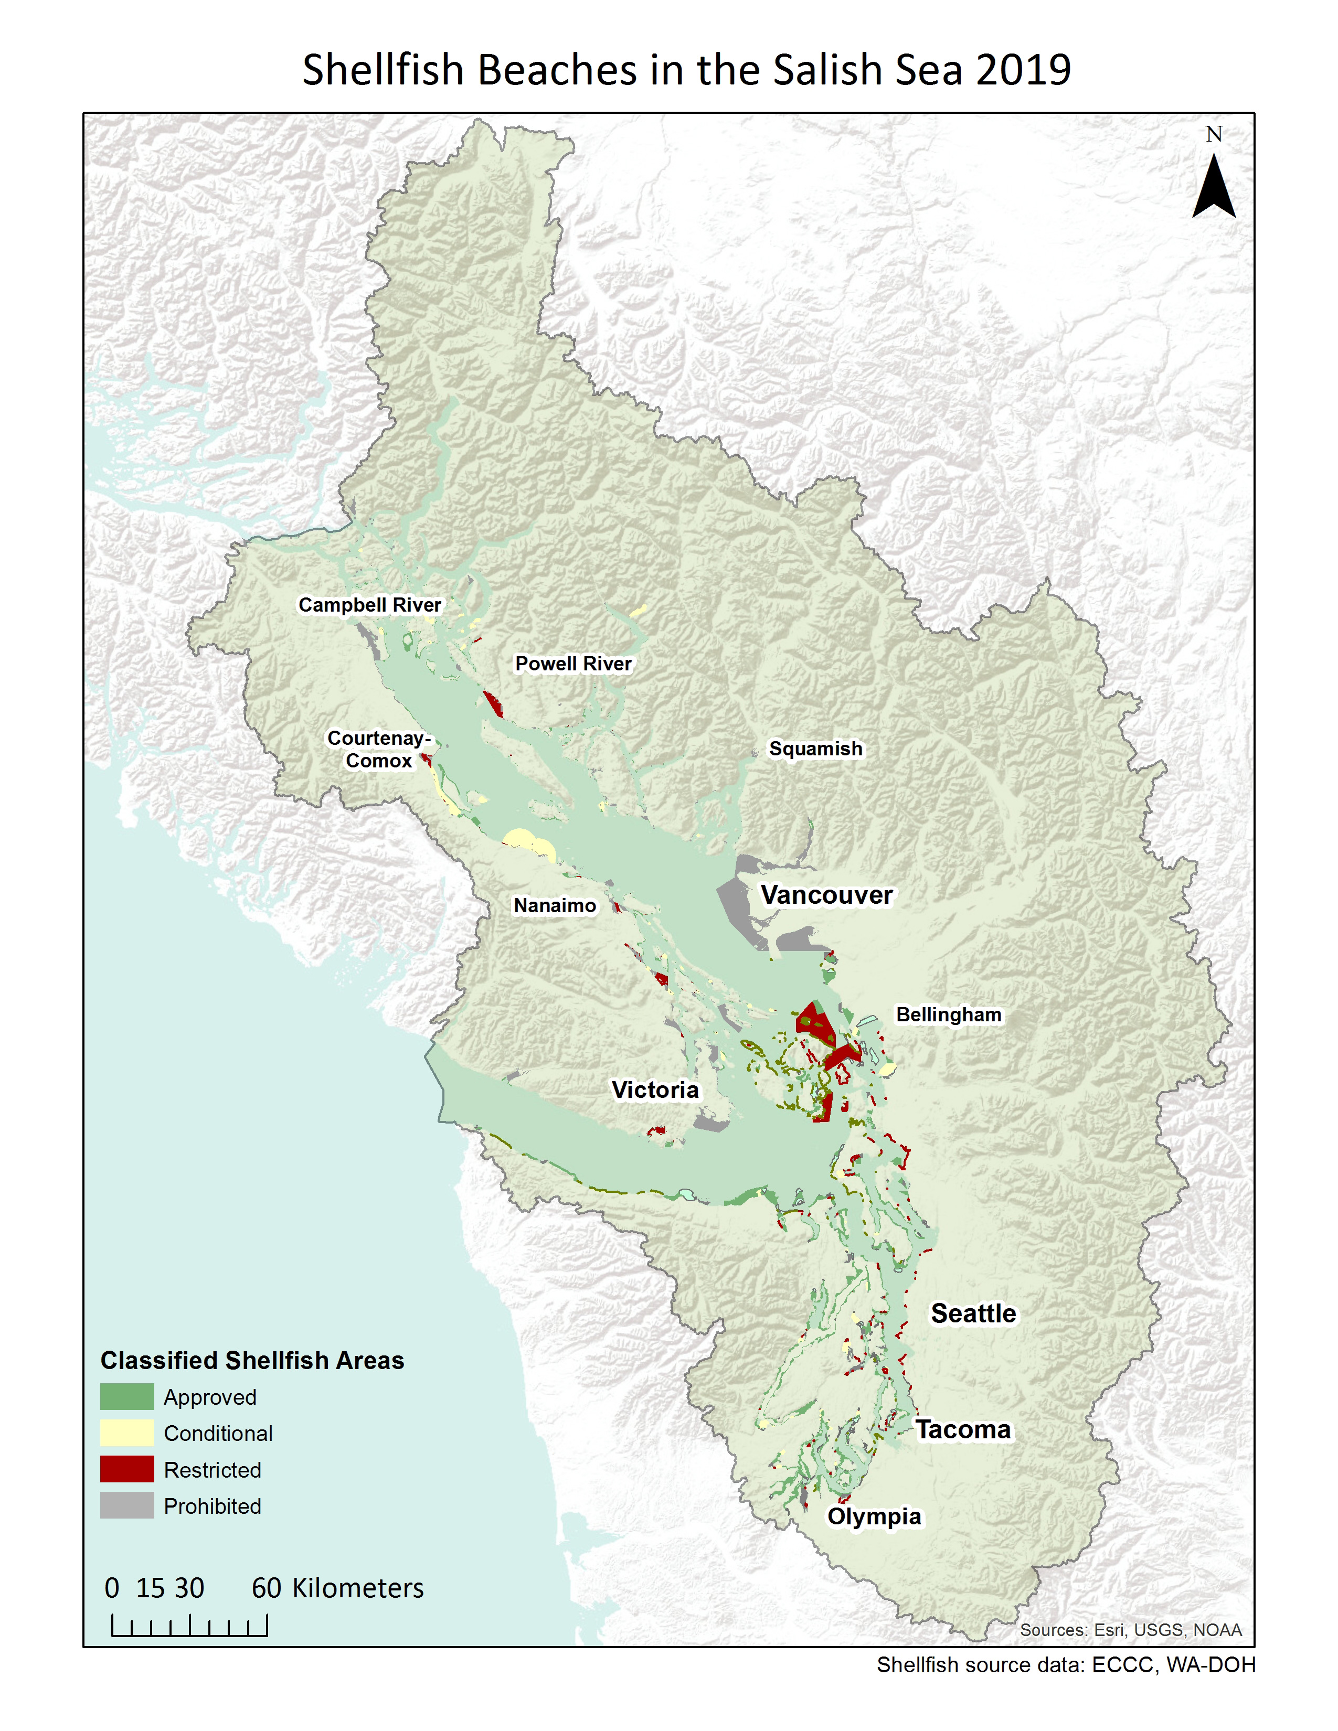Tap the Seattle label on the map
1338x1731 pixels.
click(973, 1313)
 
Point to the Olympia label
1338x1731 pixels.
click(874, 1516)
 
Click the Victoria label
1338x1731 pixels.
click(655, 1090)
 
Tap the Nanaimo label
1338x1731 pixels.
click(555, 905)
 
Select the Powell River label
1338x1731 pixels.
click(573, 664)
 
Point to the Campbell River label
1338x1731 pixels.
click(369, 605)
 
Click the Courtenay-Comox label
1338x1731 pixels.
click(379, 749)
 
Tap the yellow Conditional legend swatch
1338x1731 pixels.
click(127, 1433)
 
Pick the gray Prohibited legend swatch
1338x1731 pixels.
click(127, 1506)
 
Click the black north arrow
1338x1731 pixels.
click(1214, 187)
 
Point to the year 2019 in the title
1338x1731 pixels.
click(1023, 70)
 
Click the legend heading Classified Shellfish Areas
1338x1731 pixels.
click(252, 1360)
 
